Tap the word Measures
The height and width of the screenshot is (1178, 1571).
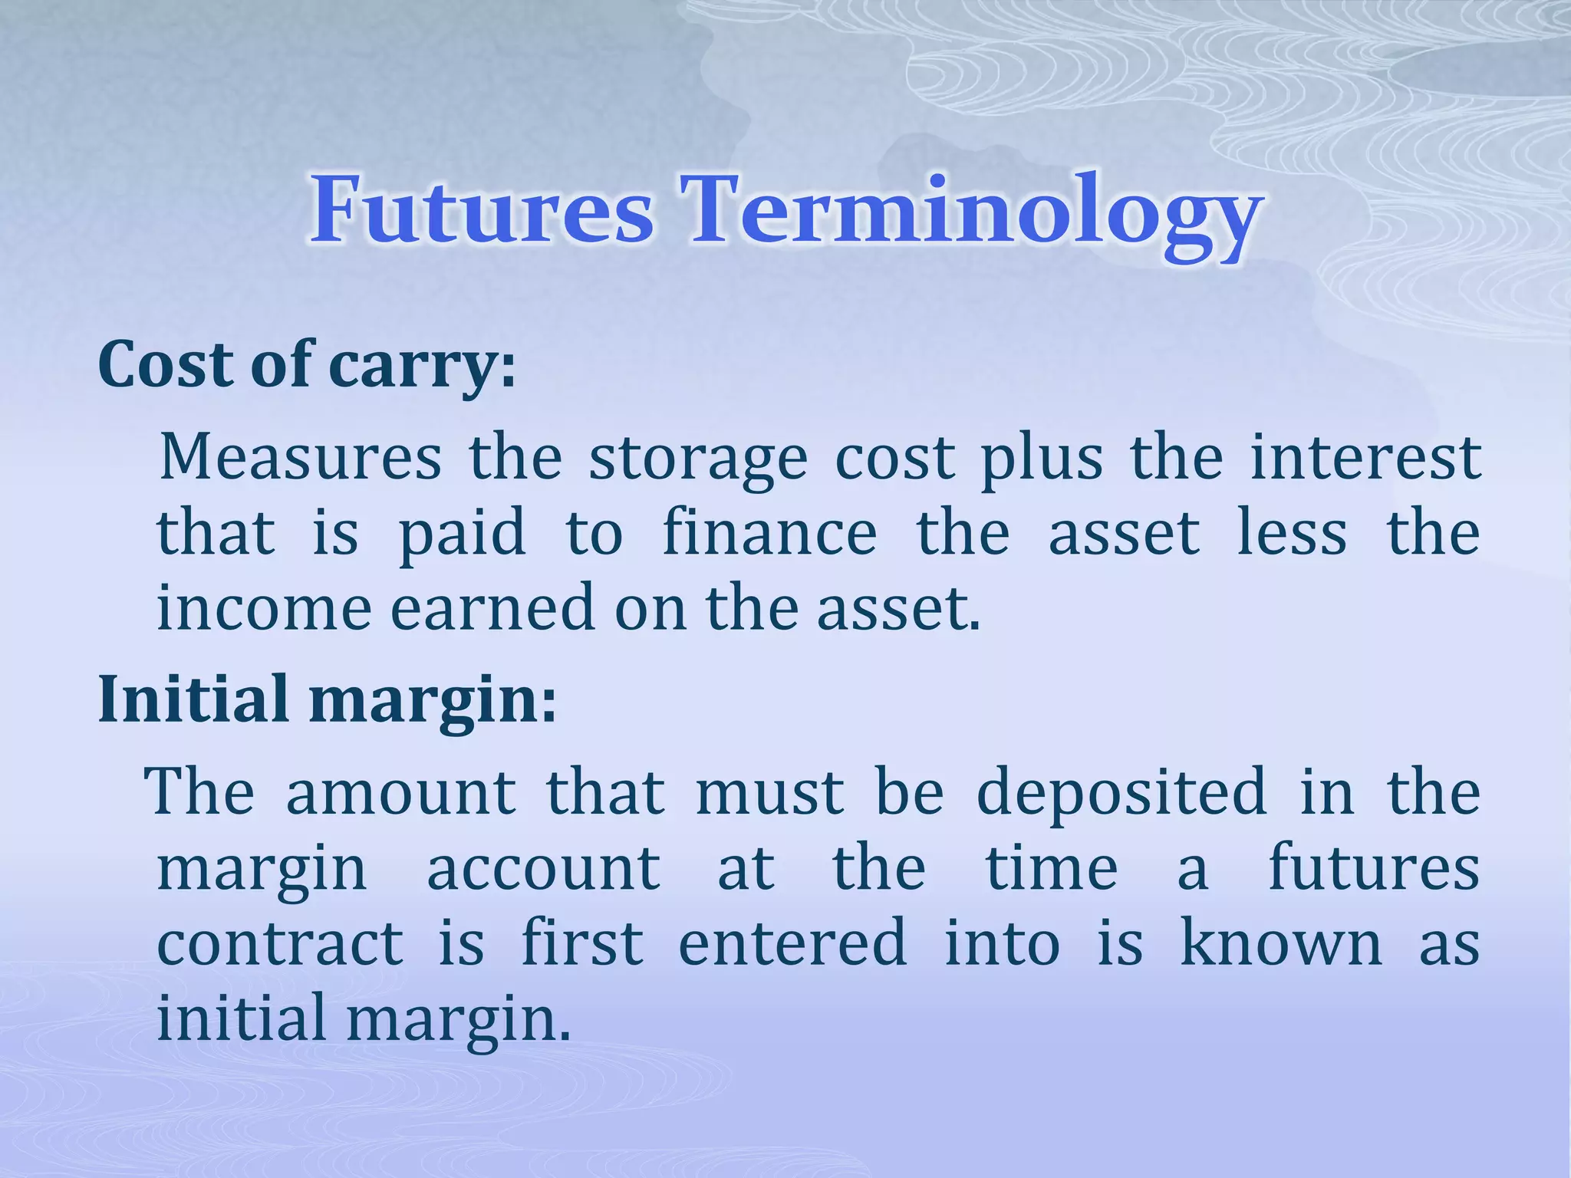300,458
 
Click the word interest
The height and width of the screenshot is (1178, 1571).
1365,458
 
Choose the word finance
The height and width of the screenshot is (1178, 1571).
769,532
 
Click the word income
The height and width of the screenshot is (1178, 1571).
264,607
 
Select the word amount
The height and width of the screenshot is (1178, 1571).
400,793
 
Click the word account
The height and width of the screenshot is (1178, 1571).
543,869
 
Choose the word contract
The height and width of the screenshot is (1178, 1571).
280,943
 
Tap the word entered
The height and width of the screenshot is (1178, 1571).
792,943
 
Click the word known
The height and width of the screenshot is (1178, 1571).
1280,943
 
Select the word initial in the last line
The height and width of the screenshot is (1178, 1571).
241,1018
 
